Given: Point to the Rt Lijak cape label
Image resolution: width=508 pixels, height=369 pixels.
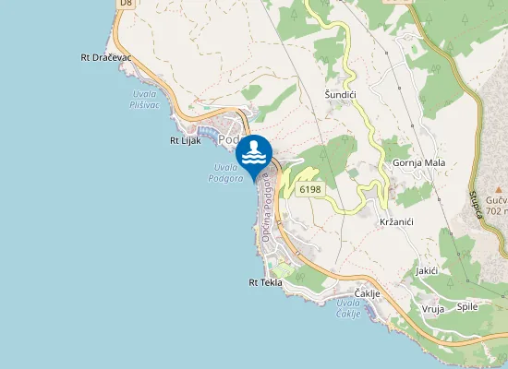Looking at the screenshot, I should pyautogui.click(x=185, y=141).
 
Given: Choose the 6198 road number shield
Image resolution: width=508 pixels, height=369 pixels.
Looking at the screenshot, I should pyautogui.click(x=309, y=189).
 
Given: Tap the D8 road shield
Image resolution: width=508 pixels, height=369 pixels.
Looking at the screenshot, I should pyautogui.click(x=126, y=4).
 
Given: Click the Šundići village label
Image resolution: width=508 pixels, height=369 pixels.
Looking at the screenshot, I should pyautogui.click(x=342, y=95).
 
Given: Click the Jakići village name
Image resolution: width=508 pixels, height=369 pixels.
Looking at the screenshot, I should pyautogui.click(x=426, y=271).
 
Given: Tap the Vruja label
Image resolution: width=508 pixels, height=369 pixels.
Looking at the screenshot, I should pyautogui.click(x=432, y=309).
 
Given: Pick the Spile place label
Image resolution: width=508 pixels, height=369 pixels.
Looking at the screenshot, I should pyautogui.click(x=467, y=306).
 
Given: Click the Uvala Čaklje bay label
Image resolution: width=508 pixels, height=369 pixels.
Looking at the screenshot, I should pyautogui.click(x=347, y=308).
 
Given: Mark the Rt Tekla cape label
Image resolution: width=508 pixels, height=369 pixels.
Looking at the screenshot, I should pyautogui.click(x=265, y=282).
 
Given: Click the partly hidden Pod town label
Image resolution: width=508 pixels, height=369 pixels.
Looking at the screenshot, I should pyautogui.click(x=228, y=139).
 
